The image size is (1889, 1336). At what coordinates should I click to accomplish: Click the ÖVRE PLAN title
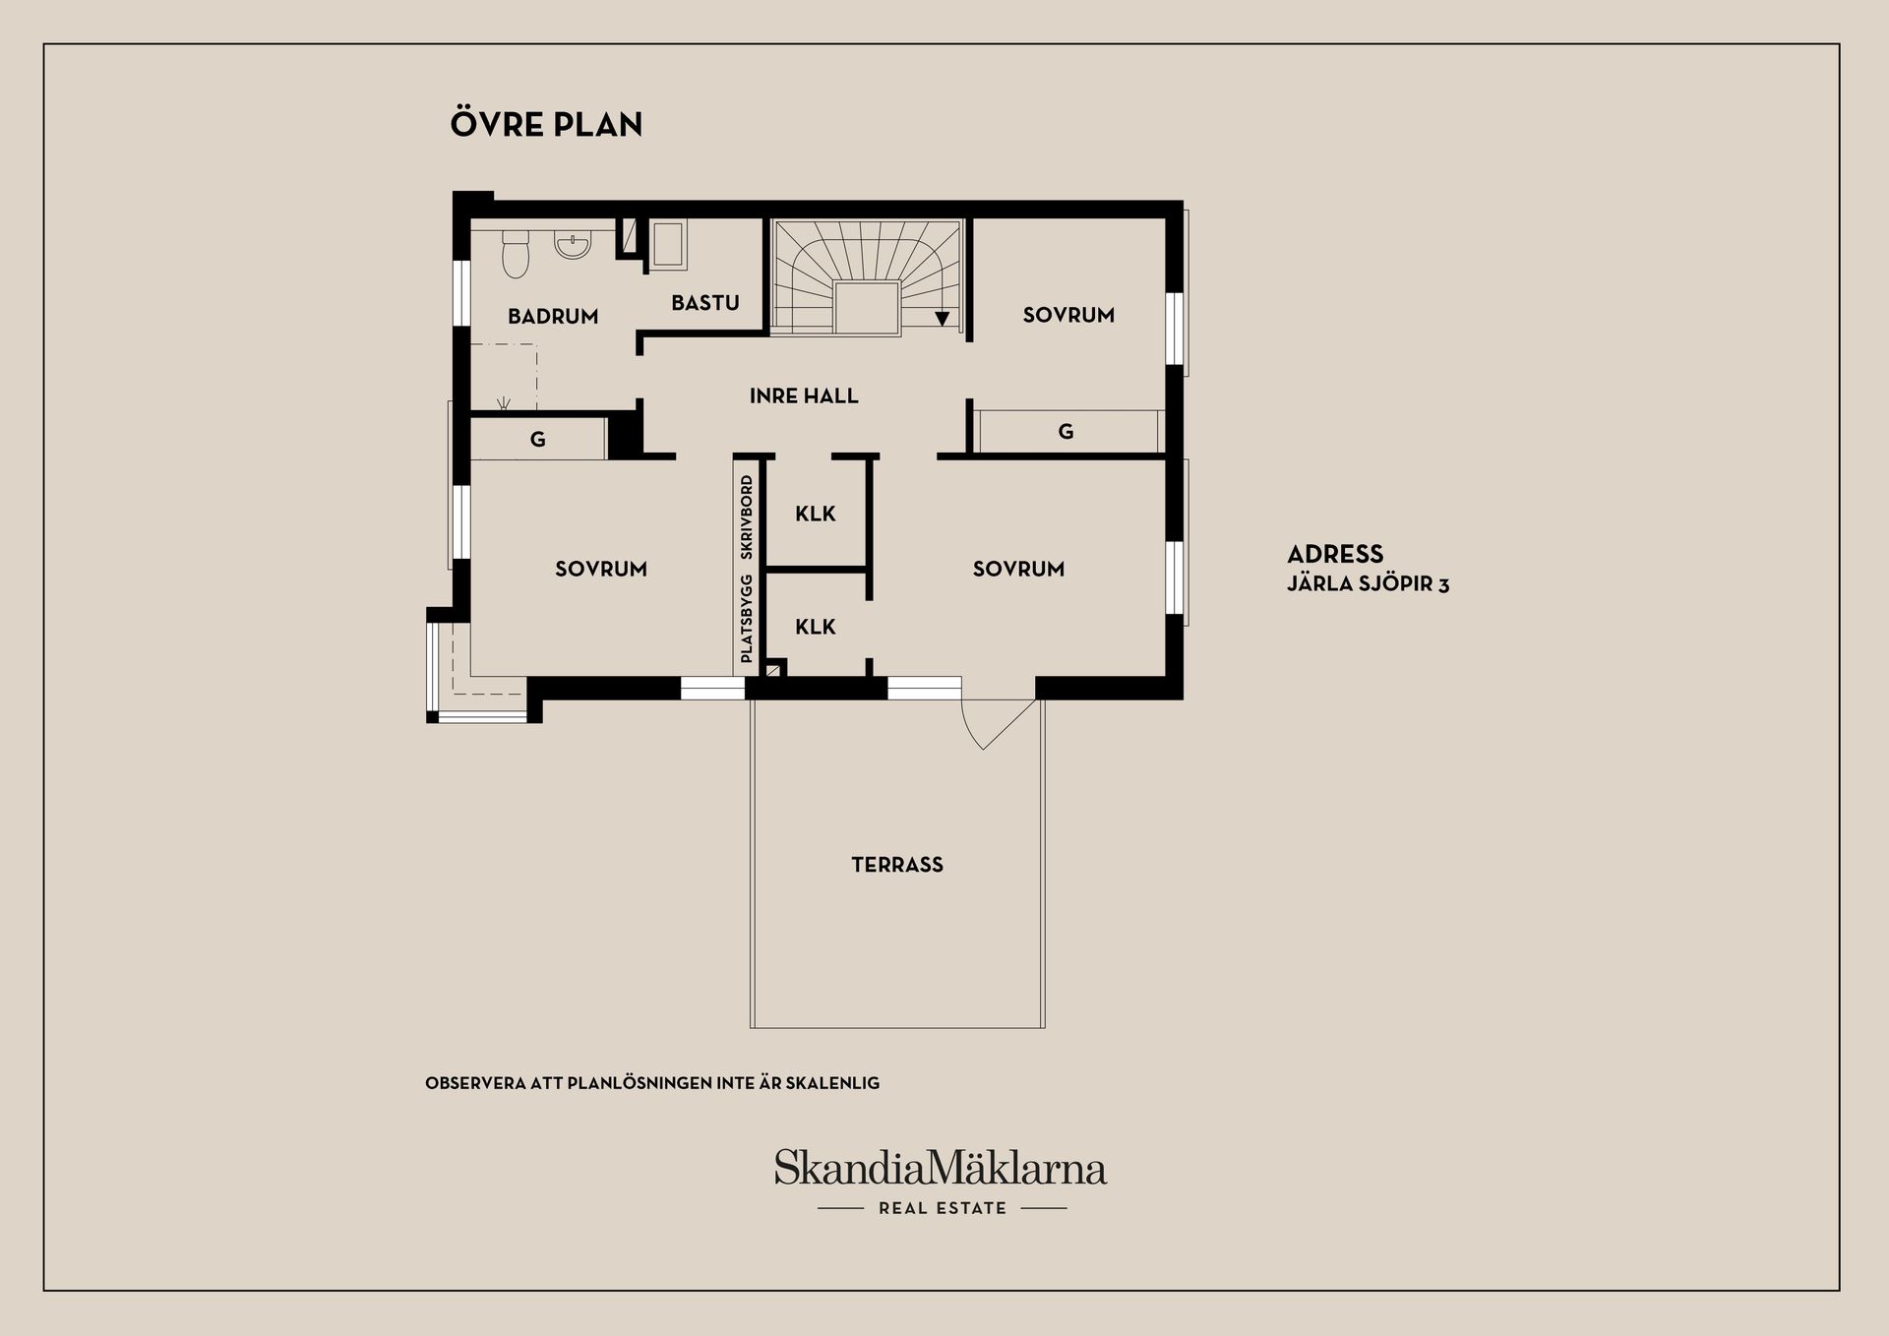pos(546,124)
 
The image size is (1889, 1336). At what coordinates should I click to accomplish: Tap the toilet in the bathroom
pos(516,254)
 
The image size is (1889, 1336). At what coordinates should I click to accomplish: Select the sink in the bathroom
pos(572,245)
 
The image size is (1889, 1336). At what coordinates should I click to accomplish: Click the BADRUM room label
pos(553,316)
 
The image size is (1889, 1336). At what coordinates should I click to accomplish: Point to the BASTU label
pos(705,302)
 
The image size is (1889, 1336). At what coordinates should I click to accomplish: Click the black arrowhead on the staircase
pos(943,318)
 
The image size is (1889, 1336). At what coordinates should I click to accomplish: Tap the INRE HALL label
pos(804,395)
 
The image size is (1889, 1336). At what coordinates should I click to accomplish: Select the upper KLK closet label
pos(816,514)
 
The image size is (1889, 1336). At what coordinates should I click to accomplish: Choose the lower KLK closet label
pos(816,627)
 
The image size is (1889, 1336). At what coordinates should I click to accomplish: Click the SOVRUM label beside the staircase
pos(1068,315)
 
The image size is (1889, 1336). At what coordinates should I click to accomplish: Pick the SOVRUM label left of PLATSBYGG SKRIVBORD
pos(601,569)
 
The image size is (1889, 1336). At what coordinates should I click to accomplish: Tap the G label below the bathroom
pos(538,440)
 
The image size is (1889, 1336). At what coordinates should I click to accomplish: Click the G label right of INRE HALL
pos(1066,431)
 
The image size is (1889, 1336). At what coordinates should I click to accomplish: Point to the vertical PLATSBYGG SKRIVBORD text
pos(747,569)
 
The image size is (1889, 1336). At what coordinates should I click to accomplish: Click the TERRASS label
pos(897,865)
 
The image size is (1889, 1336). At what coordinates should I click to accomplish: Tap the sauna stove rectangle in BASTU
pos(669,245)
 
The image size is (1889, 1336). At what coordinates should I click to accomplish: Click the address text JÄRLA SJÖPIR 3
pos(1369,584)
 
